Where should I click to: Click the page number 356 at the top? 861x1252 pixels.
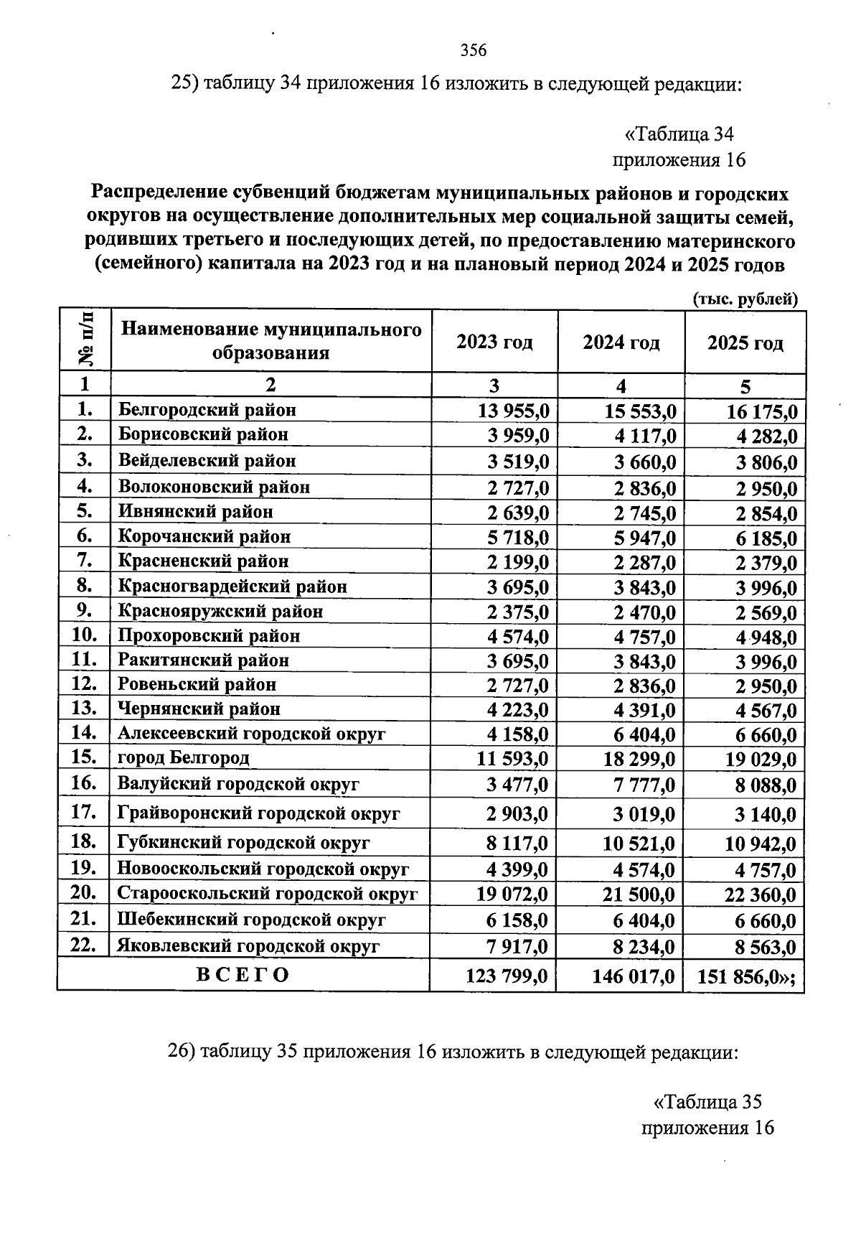474,50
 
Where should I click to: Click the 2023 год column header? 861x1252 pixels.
494,342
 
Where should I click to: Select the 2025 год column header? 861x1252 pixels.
745,343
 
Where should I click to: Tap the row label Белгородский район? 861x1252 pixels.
207,410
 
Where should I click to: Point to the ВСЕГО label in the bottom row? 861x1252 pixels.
243,974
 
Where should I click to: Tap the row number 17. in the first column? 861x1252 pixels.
84,812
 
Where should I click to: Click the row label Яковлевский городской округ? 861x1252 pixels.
248,945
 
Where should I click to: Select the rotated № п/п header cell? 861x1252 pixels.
85,340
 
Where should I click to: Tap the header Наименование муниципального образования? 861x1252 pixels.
271,341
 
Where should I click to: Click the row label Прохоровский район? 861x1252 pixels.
209,635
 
